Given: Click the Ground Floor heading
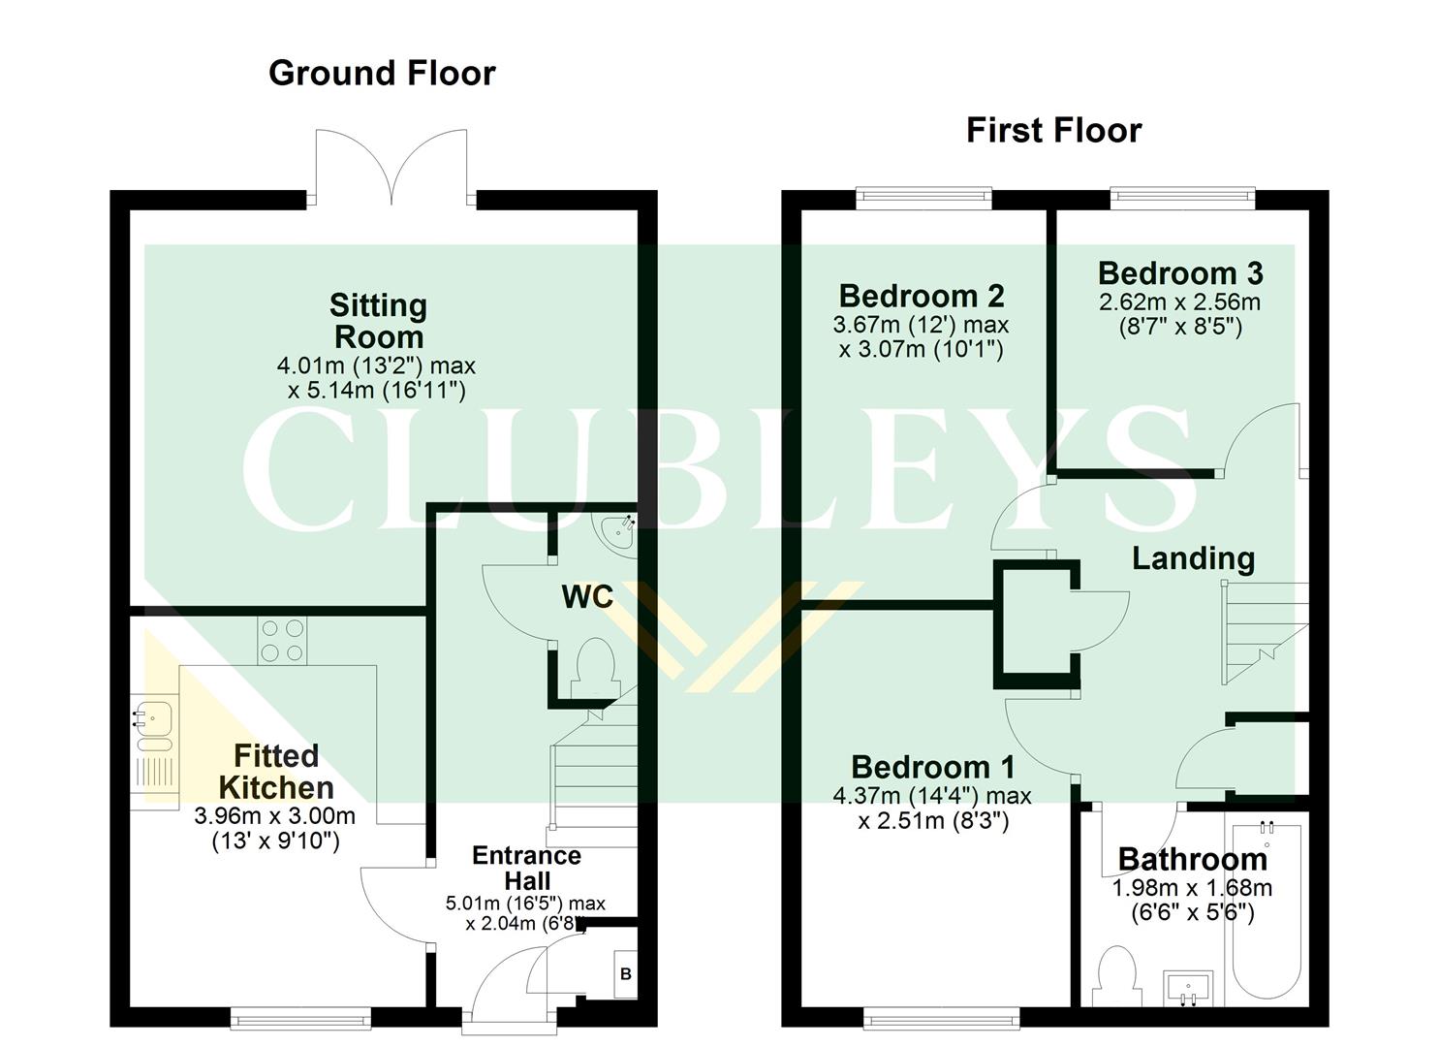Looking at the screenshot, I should click(x=382, y=74).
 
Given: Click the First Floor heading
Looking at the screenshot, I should click(x=1053, y=131).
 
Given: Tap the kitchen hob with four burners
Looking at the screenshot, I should click(x=282, y=641).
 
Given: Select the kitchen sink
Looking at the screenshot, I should click(x=154, y=720).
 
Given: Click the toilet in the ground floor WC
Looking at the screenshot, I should click(x=594, y=670).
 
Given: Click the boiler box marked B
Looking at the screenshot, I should click(x=625, y=973).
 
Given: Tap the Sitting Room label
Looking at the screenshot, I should click(x=378, y=321).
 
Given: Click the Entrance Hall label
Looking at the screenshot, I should click(x=526, y=868).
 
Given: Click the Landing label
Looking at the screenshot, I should click(x=1193, y=558).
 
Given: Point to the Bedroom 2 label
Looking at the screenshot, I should click(x=921, y=296).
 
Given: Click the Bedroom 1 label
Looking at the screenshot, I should click(x=932, y=767).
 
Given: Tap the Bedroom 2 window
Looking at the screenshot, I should click(x=923, y=199).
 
